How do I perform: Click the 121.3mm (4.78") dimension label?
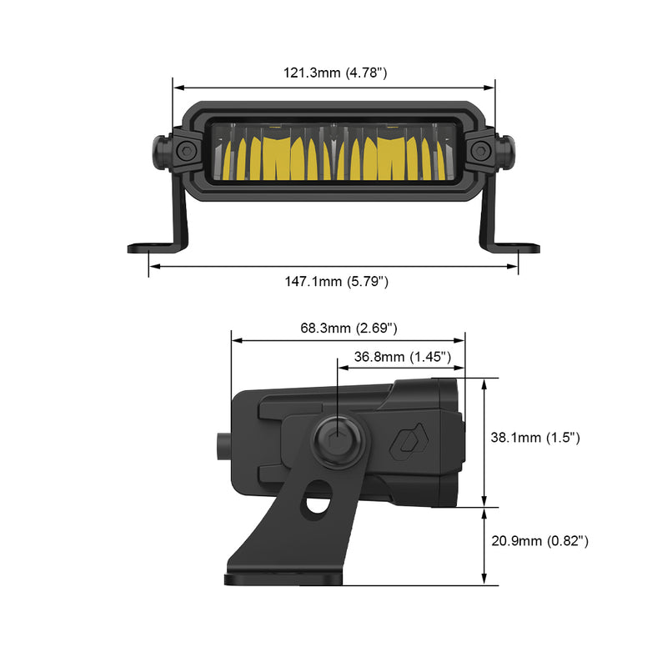(x=334, y=73)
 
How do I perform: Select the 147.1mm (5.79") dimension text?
(x=334, y=282)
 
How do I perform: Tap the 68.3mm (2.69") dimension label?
(x=349, y=327)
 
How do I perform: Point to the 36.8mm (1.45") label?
(x=402, y=357)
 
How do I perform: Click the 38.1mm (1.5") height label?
(x=534, y=438)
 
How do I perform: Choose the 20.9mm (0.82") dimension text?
(x=539, y=541)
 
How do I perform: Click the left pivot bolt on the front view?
(x=186, y=151)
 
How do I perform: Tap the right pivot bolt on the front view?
(x=480, y=151)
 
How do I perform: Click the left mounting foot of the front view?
(x=150, y=248)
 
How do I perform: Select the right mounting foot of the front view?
(x=517, y=248)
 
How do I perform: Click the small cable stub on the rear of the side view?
(x=223, y=446)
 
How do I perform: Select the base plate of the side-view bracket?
(x=283, y=577)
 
